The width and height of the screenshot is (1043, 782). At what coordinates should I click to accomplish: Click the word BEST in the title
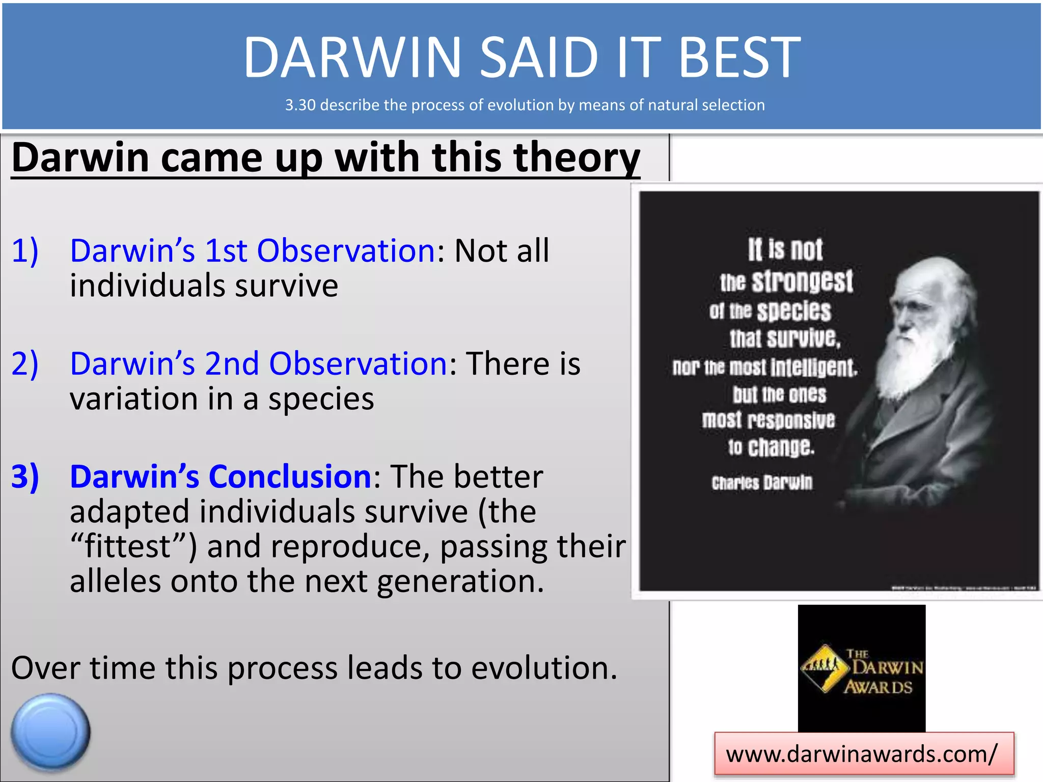click(739, 57)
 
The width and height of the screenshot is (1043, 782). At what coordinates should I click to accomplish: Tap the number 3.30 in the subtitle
click(300, 105)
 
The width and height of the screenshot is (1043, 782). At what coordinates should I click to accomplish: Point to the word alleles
click(115, 580)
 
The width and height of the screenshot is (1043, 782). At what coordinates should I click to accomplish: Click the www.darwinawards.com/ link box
click(864, 754)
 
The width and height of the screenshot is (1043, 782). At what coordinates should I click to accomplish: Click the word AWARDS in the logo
click(878, 687)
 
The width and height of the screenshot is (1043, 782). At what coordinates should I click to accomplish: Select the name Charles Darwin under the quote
click(762, 482)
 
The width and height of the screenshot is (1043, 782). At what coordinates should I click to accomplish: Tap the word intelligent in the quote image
click(813, 367)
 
